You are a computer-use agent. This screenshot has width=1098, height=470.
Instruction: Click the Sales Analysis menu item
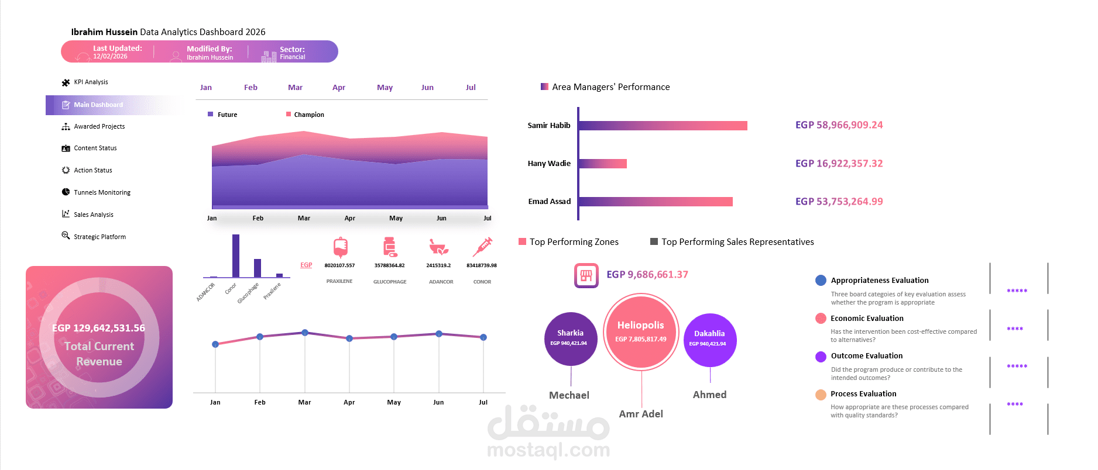[93, 215]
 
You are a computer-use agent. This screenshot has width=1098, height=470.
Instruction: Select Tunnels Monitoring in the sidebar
[102, 192]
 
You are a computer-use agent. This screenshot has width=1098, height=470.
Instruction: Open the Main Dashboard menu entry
[98, 105]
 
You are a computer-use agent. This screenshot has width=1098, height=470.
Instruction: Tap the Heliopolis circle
[641, 332]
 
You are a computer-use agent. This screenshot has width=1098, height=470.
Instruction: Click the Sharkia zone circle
[570, 338]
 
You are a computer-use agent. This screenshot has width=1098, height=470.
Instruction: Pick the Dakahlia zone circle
[709, 339]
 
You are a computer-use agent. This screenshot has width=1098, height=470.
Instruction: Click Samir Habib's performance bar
[663, 126]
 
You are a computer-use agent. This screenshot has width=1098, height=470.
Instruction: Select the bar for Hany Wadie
[603, 164]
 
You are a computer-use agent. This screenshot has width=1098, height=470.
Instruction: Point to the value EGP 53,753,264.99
[839, 202]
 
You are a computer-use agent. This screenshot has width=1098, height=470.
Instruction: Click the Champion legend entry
[308, 115]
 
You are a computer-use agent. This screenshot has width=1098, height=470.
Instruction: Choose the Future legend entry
[227, 115]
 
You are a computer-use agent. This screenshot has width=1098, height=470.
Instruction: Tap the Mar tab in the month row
[295, 88]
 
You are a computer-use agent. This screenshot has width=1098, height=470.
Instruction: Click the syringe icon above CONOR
[482, 247]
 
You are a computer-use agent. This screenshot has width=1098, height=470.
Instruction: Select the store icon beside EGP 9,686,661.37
[586, 275]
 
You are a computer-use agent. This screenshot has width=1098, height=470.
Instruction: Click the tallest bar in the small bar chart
[236, 255]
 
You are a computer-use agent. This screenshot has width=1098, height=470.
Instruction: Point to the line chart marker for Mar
[305, 333]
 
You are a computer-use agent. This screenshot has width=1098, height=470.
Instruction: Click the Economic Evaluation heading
[867, 319]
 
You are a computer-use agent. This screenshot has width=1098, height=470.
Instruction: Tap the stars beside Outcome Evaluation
[1017, 367]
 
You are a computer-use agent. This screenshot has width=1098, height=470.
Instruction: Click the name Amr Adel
[641, 414]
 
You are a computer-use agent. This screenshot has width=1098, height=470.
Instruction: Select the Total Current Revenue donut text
[99, 354]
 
